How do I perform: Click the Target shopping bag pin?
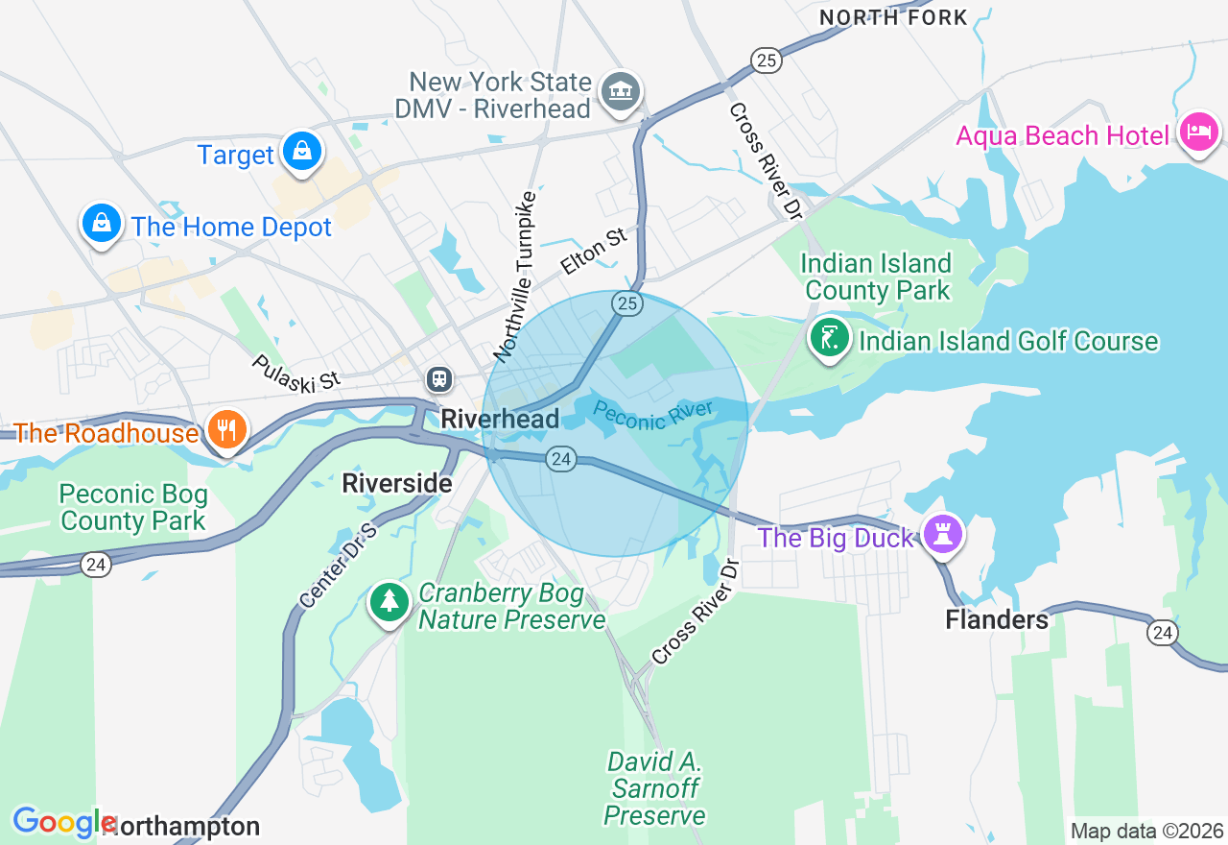[x=301, y=152]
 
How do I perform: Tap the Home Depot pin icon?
[x=101, y=224]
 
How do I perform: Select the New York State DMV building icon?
[x=620, y=92]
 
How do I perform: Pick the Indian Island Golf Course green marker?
[x=829, y=338]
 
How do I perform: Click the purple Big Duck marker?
[x=942, y=535]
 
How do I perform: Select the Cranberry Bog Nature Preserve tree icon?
[x=390, y=602]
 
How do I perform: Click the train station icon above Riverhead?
[x=439, y=378]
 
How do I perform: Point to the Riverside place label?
[x=397, y=483]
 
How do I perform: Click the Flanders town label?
[x=997, y=619]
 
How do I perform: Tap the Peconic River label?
[x=653, y=416]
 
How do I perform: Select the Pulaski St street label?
[x=296, y=373]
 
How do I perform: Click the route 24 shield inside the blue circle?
[x=561, y=460]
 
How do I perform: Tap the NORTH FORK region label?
[x=893, y=16]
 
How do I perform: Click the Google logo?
[x=63, y=822]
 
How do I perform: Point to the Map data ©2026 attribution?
[x=1146, y=831]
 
